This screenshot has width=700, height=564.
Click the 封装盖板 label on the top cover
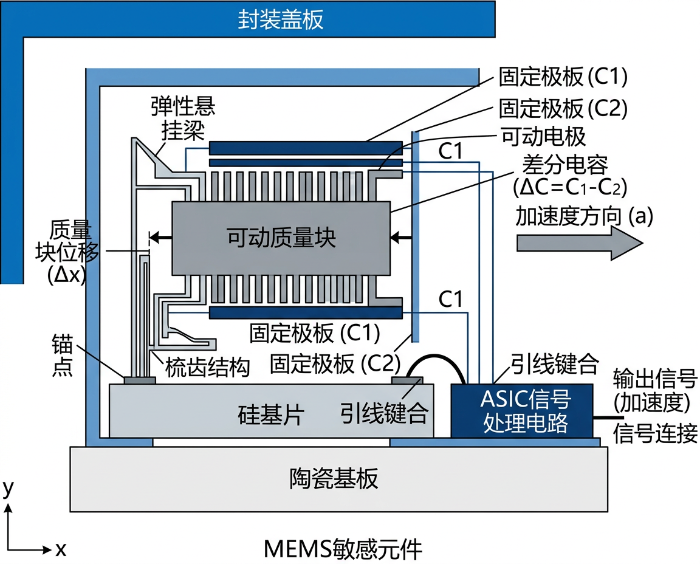[x=281, y=19]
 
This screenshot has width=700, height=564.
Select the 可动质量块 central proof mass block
[x=281, y=238]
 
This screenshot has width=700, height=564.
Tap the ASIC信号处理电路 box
[x=522, y=410]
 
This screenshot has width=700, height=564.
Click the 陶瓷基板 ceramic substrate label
[x=334, y=479]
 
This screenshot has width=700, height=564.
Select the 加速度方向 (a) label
[x=584, y=215]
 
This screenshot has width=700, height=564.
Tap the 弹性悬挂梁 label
[x=183, y=118]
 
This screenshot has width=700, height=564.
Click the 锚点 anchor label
[x=62, y=358]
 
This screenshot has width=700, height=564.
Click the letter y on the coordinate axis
[x=8, y=487]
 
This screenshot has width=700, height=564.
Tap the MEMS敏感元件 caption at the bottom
[x=343, y=549]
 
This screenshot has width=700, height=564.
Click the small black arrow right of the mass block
[x=402, y=236]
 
